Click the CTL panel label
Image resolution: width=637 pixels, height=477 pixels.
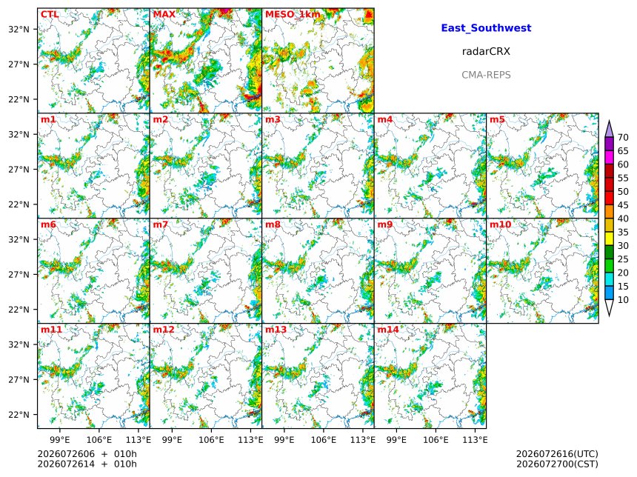50,15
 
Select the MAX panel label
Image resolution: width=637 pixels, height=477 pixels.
164,15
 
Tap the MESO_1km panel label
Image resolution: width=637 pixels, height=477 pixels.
293,15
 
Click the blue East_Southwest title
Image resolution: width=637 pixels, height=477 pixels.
486,28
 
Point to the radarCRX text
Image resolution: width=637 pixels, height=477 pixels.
486,51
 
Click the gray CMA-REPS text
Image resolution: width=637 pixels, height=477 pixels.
486,75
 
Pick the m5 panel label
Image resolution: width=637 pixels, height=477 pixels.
497,119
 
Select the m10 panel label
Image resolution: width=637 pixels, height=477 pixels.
500,224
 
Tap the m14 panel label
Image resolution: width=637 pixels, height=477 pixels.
388,330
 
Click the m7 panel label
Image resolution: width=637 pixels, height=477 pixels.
161,224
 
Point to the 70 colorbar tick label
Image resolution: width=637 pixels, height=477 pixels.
623,137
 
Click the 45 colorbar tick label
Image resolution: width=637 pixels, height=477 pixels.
623,205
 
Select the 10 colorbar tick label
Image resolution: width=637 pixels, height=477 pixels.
623,300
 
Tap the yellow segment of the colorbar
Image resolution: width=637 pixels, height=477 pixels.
609,239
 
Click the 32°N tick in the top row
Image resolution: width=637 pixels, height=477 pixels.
19,29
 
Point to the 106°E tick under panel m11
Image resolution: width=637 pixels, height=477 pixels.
99,440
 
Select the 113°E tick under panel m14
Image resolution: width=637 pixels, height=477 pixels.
476,440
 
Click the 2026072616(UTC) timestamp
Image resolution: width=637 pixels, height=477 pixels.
557,454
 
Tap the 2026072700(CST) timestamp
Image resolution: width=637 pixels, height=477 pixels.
557,464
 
